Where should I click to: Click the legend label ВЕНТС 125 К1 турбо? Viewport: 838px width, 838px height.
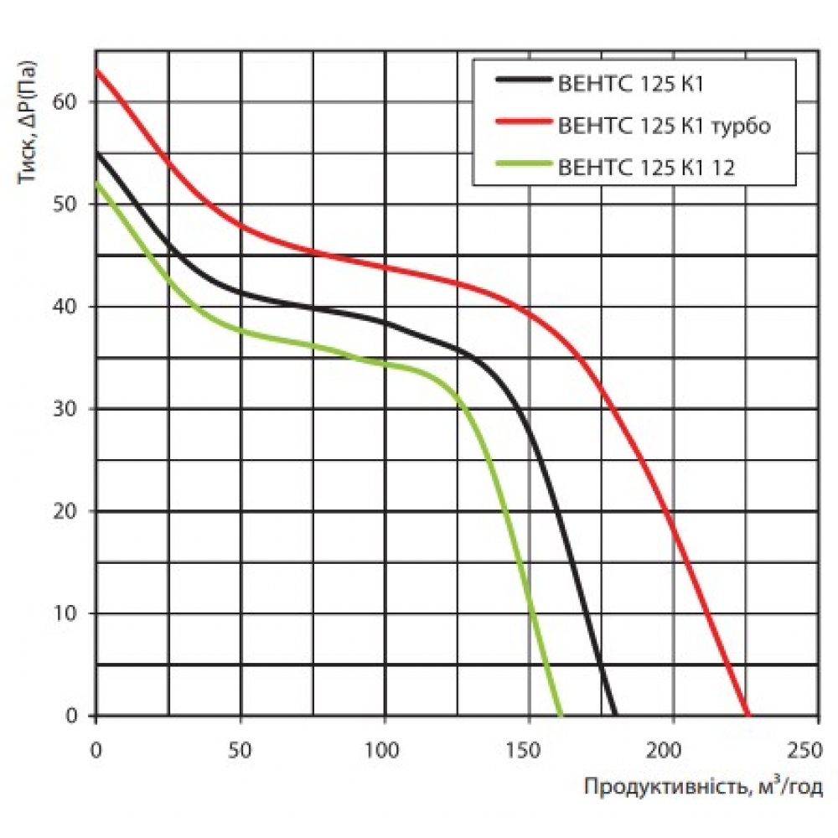662,126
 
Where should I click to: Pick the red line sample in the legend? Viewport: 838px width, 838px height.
524,125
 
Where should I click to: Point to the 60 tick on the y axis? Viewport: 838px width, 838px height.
66,102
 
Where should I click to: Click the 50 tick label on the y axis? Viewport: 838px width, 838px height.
66,204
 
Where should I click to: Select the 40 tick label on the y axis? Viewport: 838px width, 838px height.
66,307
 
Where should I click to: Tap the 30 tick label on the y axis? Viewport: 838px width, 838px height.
66,409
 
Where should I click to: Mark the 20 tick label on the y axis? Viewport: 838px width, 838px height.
66,511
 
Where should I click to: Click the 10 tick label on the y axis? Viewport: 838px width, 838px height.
66,613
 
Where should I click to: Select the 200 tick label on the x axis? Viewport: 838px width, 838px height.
673,747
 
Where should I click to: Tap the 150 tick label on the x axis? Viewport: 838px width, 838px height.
529,747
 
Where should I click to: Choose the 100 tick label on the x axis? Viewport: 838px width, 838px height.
385,747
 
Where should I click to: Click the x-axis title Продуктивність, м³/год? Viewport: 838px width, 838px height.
703,787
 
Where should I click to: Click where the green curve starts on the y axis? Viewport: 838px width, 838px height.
97,183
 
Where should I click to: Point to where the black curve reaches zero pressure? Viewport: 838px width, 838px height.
616,715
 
